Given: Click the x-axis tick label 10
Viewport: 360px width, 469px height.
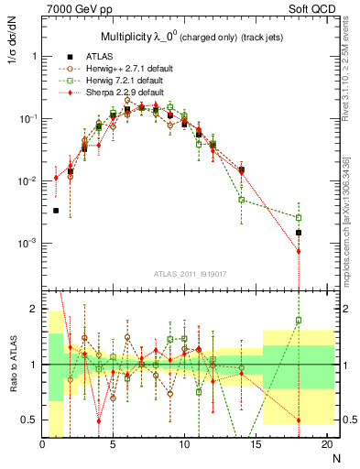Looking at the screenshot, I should coord(184,445).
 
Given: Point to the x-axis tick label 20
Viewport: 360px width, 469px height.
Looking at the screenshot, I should coord(326,445).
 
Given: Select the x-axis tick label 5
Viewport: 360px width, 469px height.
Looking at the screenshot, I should coord(114,445).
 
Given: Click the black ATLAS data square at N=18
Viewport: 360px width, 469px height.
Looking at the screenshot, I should coord(299,233).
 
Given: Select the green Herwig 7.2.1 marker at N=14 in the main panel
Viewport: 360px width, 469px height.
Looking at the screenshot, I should coord(242,199).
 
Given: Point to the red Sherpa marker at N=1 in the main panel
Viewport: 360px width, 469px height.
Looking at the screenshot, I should coord(56,178).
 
